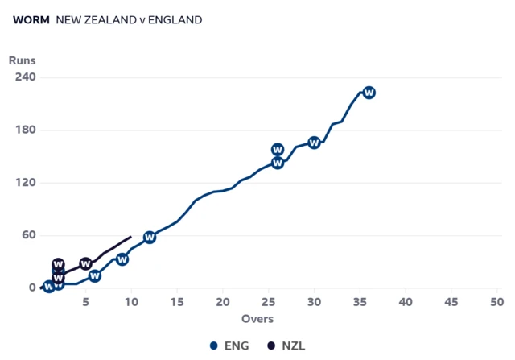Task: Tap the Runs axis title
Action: tap(23, 60)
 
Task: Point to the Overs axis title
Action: tap(257, 319)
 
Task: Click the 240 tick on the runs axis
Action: tap(26, 77)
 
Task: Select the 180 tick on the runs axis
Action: tap(26, 130)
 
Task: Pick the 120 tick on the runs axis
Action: tap(26, 183)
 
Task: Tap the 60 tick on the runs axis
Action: tap(29, 235)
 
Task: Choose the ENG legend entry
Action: tap(229, 346)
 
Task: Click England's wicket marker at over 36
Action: tap(369, 93)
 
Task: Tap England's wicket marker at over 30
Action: tap(315, 143)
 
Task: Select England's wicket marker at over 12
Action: tap(150, 237)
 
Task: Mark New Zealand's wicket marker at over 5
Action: tap(86, 264)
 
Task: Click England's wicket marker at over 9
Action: tap(122, 259)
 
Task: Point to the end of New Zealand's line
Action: tap(131, 237)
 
